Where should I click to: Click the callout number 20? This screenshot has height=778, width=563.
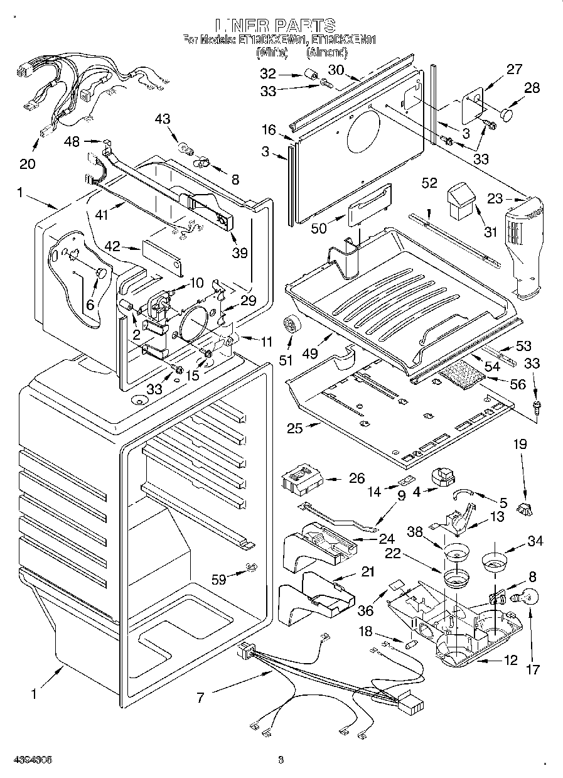click(x=27, y=165)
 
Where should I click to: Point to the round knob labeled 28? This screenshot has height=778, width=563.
click(x=508, y=115)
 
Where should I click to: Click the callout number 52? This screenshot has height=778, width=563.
click(x=429, y=183)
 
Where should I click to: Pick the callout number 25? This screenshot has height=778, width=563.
click(x=294, y=428)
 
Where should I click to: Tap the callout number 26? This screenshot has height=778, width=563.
click(x=357, y=479)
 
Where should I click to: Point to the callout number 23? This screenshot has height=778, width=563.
click(x=495, y=198)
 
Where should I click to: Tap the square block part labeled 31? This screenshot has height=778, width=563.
click(x=461, y=200)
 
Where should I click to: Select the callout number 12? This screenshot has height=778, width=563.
click(x=511, y=660)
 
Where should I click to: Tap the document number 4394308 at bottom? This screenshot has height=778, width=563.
click(x=31, y=760)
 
